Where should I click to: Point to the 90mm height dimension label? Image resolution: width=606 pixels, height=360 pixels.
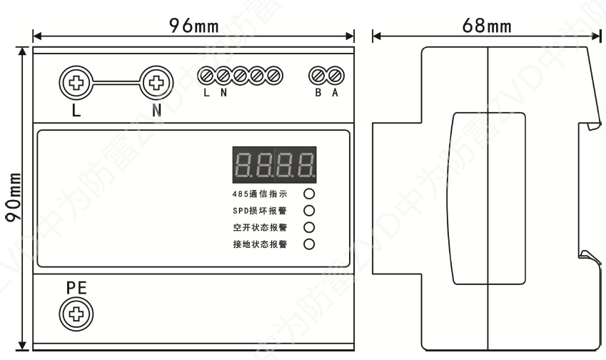coord(13,198)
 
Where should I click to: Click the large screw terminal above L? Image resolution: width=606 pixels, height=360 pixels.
coord(74,83)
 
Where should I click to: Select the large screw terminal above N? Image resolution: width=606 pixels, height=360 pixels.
coord(155,83)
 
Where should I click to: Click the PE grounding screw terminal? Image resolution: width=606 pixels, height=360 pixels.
coord(74,312)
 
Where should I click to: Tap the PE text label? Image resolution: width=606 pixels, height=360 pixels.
coord(75,288)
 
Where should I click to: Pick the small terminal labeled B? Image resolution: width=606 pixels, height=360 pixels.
coord(317,74)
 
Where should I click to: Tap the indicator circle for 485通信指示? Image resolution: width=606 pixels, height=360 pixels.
coord(309,194)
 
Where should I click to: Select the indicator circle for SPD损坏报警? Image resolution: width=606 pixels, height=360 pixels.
coord(309,211)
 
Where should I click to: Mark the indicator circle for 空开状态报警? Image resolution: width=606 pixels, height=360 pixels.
coord(309,228)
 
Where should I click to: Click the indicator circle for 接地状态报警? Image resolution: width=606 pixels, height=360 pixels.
coord(309,245)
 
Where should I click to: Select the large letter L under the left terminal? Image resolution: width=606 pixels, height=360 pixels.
coord(74,113)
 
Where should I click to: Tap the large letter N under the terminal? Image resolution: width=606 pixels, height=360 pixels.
coord(156,113)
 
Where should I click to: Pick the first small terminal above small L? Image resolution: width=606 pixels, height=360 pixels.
coord(206,74)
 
